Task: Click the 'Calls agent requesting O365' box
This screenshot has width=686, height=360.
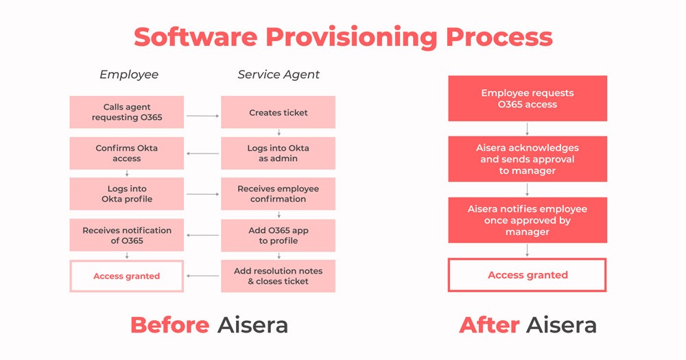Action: point(127,112)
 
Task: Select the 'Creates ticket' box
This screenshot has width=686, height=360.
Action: point(278,112)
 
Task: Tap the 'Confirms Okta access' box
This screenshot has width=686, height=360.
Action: point(127,154)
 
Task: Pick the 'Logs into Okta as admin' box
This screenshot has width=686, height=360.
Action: point(278,154)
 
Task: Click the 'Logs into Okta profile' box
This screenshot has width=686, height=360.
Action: point(127,194)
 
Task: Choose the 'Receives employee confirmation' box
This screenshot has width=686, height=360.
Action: point(278,194)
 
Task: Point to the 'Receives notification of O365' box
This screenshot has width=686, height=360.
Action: point(127,235)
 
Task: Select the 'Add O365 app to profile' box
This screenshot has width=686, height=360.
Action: point(278,235)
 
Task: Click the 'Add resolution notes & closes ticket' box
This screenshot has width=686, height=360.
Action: point(278,276)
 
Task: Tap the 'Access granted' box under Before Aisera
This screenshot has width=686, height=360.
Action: point(127,276)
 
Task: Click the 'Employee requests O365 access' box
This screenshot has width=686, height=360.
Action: point(528,99)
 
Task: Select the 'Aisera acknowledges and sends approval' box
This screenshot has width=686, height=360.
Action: point(528,159)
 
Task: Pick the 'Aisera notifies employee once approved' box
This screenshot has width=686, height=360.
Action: point(528,220)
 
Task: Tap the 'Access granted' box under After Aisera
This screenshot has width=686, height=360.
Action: point(528,275)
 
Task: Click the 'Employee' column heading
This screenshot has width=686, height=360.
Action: point(129,74)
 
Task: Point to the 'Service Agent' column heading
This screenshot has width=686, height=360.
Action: point(279,74)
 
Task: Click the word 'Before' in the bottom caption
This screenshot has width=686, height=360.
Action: point(169,324)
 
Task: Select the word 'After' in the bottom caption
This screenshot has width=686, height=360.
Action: point(489,324)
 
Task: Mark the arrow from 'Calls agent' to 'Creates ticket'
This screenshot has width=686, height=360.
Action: point(202,116)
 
